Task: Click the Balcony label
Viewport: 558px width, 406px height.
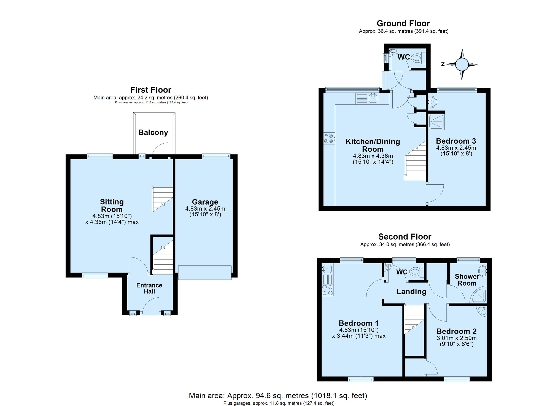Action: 153,133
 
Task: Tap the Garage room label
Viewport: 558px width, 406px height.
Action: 205,202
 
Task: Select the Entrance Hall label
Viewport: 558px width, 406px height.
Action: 149,288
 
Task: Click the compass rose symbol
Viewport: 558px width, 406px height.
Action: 462,65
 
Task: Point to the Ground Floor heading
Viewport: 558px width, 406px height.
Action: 403,23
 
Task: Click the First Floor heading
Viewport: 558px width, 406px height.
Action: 151,90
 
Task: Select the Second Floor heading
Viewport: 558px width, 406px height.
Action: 405,237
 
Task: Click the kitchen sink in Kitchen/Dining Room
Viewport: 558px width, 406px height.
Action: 367,98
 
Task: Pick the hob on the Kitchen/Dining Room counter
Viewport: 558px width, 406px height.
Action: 329,138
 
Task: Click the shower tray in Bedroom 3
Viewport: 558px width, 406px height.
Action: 436,122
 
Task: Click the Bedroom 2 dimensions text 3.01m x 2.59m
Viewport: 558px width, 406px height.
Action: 457,338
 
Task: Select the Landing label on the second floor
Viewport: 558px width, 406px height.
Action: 411,292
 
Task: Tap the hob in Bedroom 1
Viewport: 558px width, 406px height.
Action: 328,290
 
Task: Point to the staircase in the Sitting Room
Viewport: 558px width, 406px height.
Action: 163,200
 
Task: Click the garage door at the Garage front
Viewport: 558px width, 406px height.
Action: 205,273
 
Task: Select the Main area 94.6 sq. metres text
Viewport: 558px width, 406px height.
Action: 278,396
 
